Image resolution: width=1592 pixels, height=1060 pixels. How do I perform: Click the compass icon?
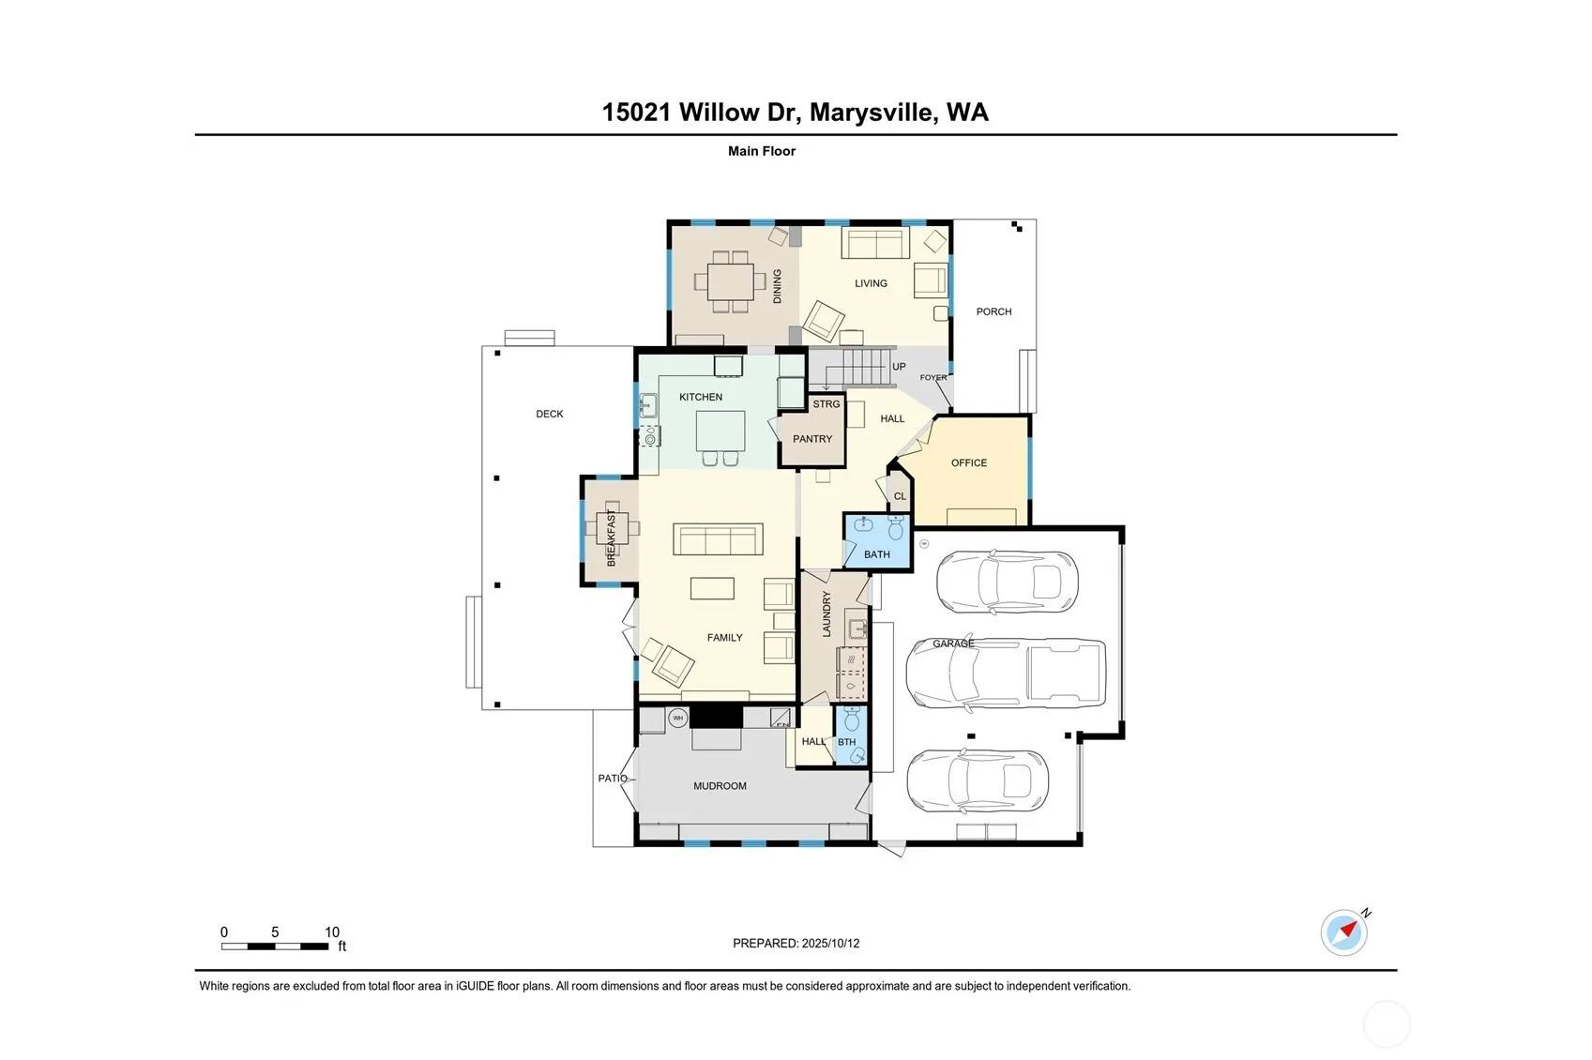click(x=1344, y=932)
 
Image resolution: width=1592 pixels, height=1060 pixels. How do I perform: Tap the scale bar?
click(x=274, y=946)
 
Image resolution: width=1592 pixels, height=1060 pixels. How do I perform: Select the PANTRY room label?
click(x=812, y=439)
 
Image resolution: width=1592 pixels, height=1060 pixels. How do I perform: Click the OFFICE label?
click(x=969, y=463)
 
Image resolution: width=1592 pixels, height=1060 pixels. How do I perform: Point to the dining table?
click(x=731, y=282)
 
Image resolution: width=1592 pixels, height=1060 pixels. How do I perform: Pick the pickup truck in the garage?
click(x=1006, y=673)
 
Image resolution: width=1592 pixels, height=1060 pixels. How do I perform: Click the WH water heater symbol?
click(x=678, y=719)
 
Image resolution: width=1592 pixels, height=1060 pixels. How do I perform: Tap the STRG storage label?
click(x=826, y=404)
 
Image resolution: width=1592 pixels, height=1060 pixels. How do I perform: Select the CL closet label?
click(x=900, y=496)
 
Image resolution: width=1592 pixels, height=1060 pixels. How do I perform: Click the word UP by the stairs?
click(x=899, y=367)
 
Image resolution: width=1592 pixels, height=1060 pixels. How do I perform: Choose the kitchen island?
click(x=720, y=431)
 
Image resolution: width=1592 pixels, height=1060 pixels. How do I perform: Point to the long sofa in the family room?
click(x=718, y=539)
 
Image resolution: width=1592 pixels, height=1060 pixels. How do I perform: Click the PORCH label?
click(x=993, y=311)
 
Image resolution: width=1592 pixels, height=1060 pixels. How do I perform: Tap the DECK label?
click(x=550, y=415)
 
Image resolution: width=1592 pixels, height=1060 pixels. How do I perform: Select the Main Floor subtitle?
click(x=762, y=151)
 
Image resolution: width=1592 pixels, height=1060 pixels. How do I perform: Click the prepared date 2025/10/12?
click(x=831, y=944)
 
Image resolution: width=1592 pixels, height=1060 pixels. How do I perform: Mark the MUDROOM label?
click(x=720, y=786)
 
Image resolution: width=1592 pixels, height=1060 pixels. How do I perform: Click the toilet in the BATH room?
click(x=896, y=527)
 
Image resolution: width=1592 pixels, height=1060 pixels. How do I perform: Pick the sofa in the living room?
click(x=875, y=243)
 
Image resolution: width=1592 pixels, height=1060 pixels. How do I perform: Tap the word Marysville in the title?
click(x=871, y=113)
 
